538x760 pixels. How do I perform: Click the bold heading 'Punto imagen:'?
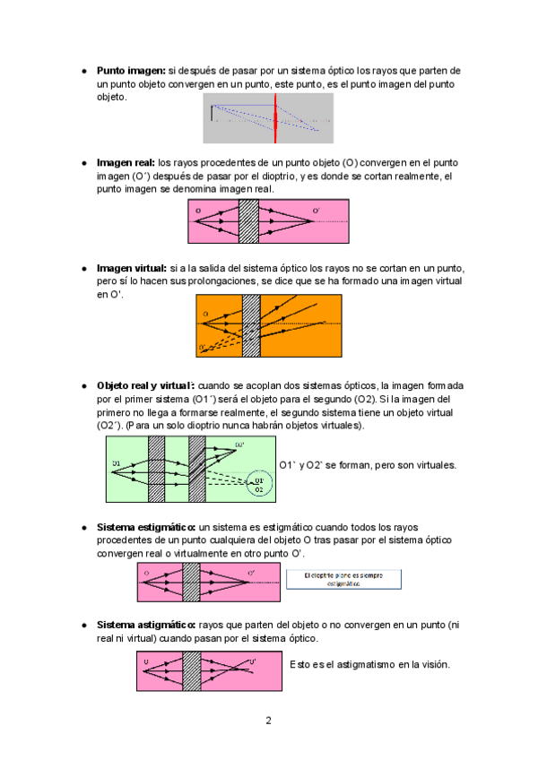tap(131, 70)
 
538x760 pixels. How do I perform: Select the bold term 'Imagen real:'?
tap(126, 163)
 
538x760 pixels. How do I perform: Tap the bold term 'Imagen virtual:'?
tap(132, 269)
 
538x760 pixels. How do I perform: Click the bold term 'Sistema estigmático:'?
tap(146, 527)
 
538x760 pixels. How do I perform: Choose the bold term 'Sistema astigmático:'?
tap(146, 625)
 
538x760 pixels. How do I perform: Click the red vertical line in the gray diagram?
tap(275, 117)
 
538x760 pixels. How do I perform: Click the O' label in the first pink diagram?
tap(316, 212)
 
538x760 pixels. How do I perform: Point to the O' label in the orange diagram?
tap(203, 348)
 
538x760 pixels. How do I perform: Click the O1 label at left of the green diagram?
tap(117, 463)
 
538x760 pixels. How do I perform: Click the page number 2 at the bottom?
tap(268, 721)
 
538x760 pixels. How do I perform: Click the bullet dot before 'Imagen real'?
tap(83, 164)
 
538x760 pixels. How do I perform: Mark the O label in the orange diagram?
tap(205, 314)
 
